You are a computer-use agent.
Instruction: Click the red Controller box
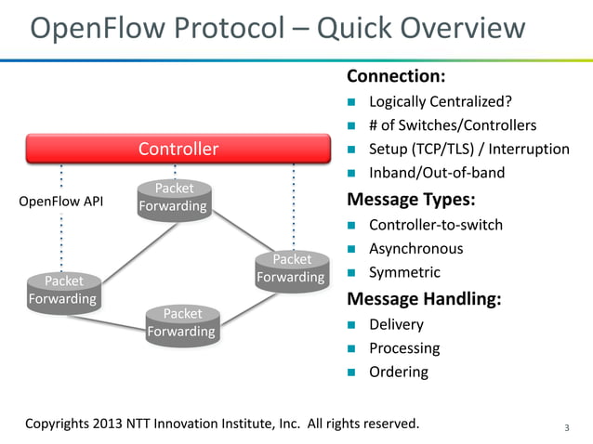[178, 149]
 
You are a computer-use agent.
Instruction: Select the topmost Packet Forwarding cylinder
[172, 198]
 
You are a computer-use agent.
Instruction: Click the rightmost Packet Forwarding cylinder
[291, 268]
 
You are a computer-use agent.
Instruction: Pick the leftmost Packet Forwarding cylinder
[63, 290]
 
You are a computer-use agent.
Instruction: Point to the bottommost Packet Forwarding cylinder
[181, 323]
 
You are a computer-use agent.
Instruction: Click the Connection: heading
[396, 76]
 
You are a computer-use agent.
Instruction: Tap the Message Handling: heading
[424, 299]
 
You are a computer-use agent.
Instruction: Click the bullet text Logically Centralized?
[440, 101]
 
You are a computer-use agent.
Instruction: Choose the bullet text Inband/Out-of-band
[436, 174]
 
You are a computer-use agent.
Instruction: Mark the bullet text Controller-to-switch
[436, 225]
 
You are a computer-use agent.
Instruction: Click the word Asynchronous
[415, 249]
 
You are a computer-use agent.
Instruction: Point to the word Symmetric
[404, 273]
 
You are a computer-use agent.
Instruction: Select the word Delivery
[396, 324]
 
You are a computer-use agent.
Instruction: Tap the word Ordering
[398, 372]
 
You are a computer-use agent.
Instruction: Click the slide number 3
[567, 427]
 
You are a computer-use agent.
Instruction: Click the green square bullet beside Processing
[352, 349]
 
